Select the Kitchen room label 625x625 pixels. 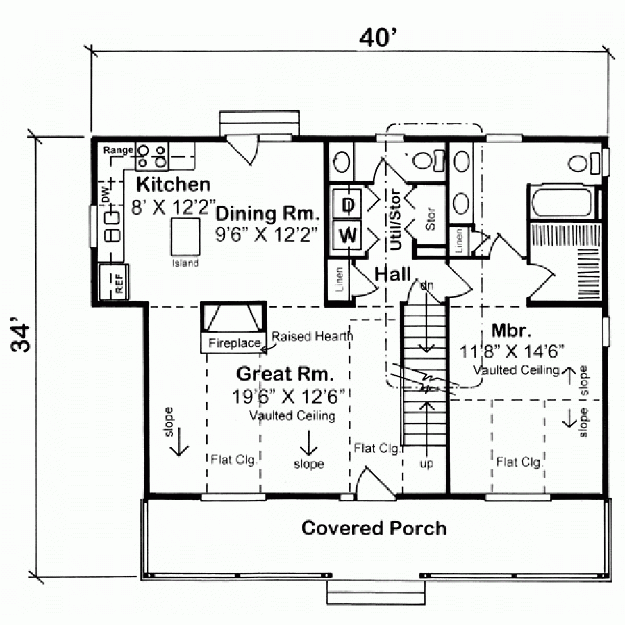(x=174, y=185)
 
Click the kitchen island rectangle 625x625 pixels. (x=185, y=237)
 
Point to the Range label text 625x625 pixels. (x=118, y=150)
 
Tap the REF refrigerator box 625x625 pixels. (x=114, y=281)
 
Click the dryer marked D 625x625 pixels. (x=348, y=204)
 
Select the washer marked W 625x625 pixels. (x=348, y=235)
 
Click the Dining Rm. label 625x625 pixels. (x=267, y=214)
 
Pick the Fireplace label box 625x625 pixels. (x=233, y=342)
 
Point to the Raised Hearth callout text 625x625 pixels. (x=312, y=336)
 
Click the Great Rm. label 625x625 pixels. (x=285, y=374)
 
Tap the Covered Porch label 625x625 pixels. (x=374, y=528)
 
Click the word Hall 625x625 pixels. (x=392, y=274)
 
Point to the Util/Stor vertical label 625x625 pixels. (x=395, y=219)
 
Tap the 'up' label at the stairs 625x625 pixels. (x=426, y=464)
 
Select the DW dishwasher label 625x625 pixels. (x=106, y=195)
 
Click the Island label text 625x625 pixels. (x=185, y=263)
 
